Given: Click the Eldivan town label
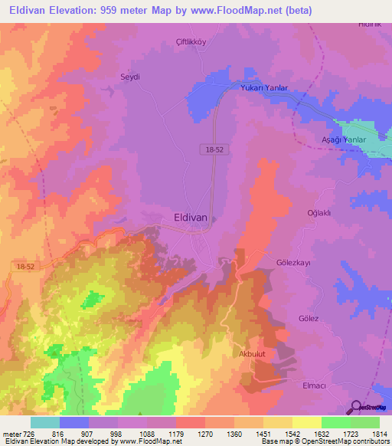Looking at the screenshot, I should [x=191, y=218].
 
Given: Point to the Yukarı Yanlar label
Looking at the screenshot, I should [x=264, y=88].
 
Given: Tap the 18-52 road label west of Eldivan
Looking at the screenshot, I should [x=24, y=265].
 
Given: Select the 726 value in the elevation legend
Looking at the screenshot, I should [x=30, y=434].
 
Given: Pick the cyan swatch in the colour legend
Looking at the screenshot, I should [x=45, y=422].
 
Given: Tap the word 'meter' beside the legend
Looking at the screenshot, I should [x=11, y=434].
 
